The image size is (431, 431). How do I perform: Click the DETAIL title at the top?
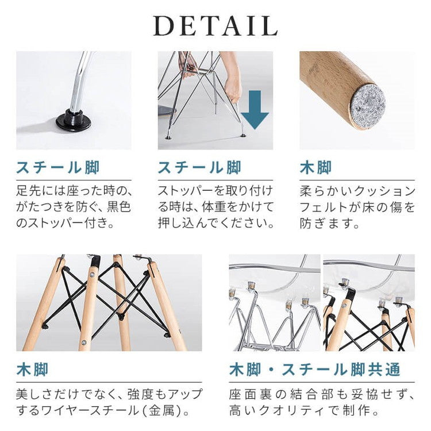(x=215, y=26)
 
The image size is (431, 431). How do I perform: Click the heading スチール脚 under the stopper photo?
(x=57, y=168)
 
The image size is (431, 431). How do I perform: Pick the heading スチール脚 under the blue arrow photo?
(x=199, y=168)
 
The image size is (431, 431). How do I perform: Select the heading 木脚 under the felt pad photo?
(x=315, y=168)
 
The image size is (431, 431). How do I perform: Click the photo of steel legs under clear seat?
(x=275, y=303)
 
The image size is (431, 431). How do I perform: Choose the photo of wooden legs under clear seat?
(x=369, y=303)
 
